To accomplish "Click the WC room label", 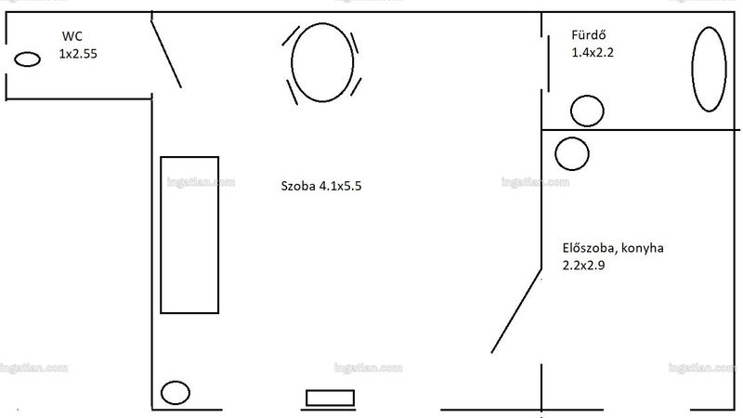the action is point(72,36).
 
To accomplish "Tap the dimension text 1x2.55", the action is point(78,54).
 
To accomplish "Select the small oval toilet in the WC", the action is point(27,59).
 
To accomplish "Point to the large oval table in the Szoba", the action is point(322,62).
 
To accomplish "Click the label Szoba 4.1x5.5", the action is point(321,186).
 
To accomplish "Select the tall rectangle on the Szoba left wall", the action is point(189,235).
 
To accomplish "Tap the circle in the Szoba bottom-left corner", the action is point(176,392).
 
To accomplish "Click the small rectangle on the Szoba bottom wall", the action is point(331,398).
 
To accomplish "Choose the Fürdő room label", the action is point(589,35).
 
